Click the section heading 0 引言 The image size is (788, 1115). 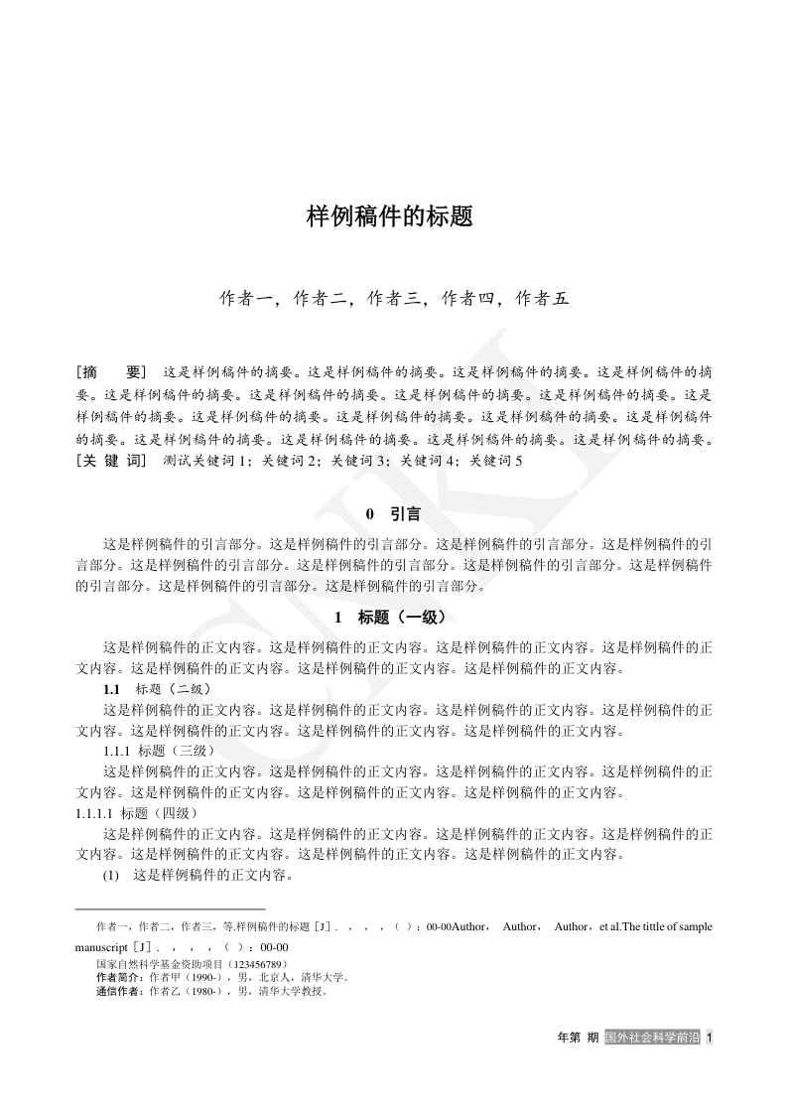tap(393, 514)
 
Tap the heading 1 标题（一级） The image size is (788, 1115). tap(393, 618)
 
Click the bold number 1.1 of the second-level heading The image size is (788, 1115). tap(111, 689)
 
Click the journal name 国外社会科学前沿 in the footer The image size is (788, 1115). tap(651, 1038)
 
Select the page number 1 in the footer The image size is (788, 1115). tap(710, 1038)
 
